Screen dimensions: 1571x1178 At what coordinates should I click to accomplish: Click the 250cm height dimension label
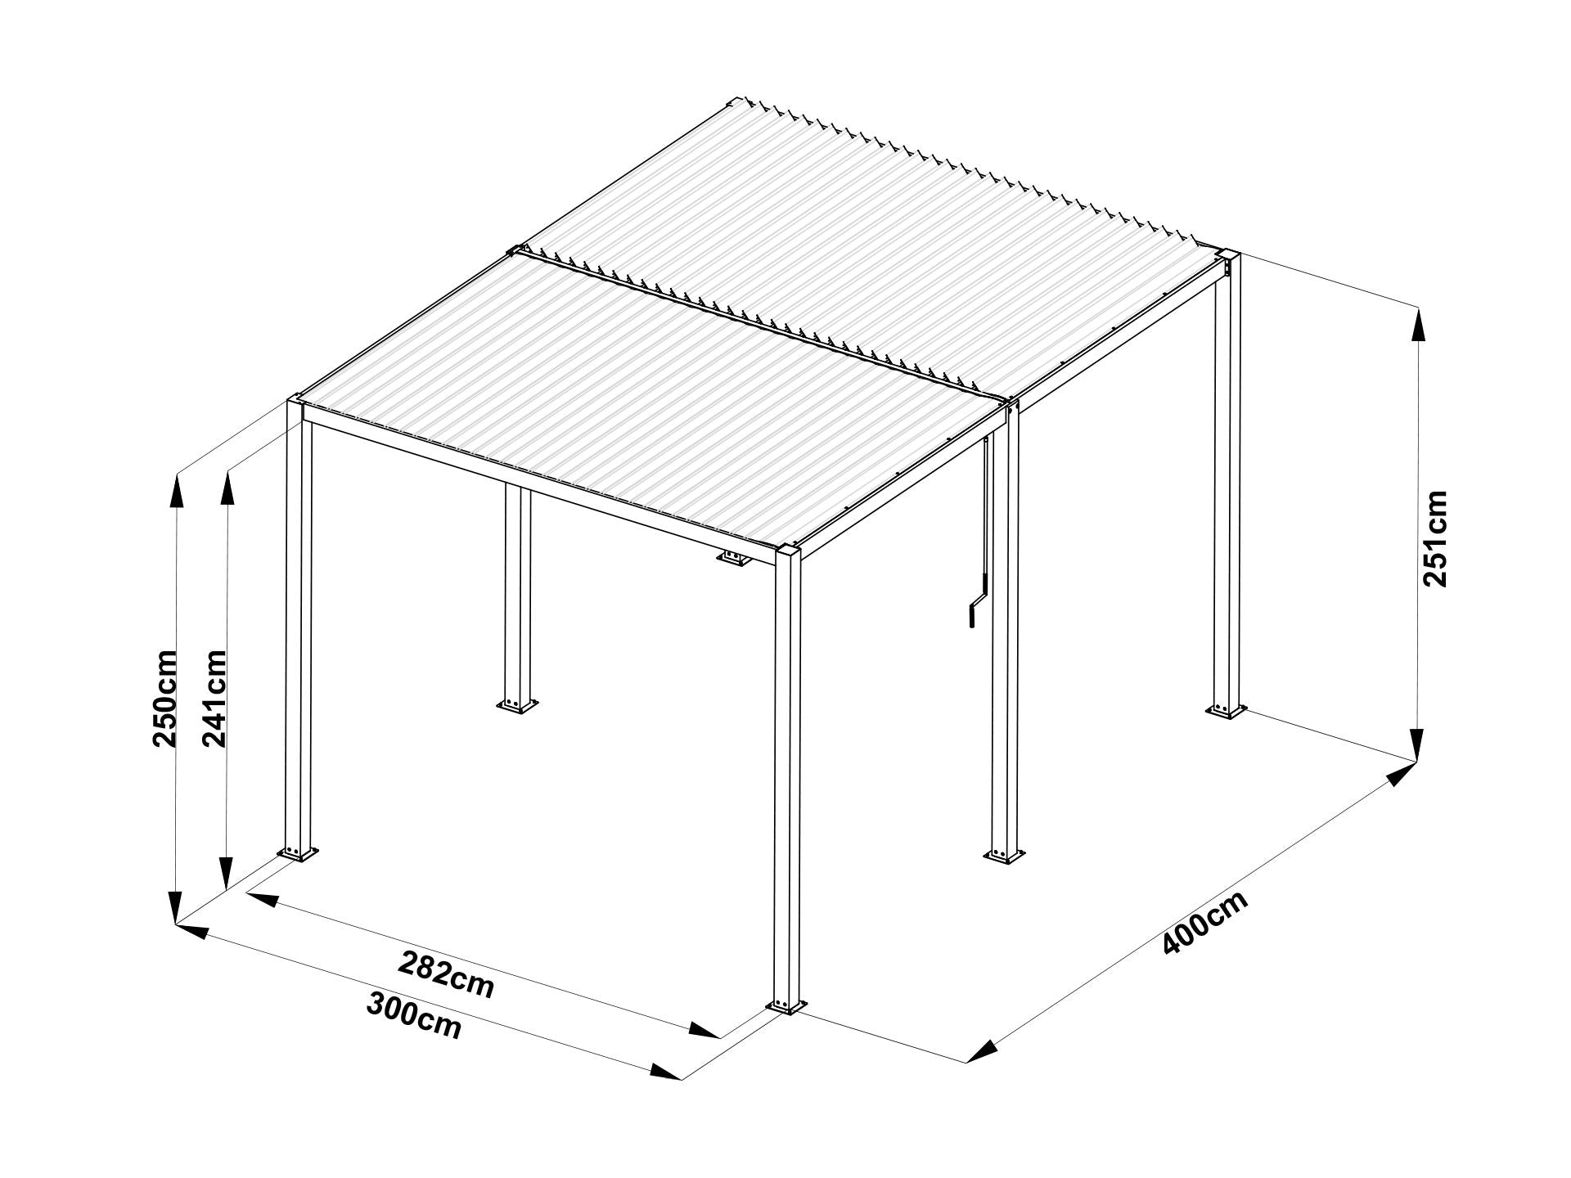(x=165, y=698)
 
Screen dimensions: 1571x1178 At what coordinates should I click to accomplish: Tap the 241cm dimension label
(x=214, y=698)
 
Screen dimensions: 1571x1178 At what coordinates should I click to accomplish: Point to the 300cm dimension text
(x=414, y=1015)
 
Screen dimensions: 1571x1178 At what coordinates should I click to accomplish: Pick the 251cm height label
(x=1436, y=538)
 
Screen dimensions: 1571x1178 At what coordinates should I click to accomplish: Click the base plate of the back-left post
(x=516, y=705)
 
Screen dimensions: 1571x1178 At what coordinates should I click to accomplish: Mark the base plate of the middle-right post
(x=1002, y=855)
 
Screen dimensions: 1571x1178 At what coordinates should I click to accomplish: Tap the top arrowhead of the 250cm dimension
(x=175, y=492)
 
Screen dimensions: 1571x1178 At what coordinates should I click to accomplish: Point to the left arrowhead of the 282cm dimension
(x=263, y=900)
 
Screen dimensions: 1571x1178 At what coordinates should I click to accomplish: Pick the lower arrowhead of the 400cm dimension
(x=982, y=1051)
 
